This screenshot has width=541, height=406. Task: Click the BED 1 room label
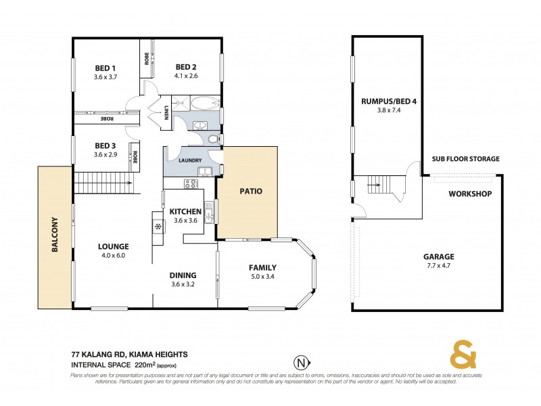click(x=105, y=68)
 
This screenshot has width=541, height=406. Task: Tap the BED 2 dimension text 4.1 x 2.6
click(x=186, y=76)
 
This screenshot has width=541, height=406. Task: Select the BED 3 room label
click(x=105, y=145)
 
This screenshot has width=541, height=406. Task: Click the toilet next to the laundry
click(x=214, y=139)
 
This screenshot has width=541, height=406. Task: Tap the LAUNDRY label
click(x=190, y=160)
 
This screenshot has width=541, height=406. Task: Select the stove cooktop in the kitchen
click(x=191, y=183)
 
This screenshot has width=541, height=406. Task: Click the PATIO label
click(x=251, y=191)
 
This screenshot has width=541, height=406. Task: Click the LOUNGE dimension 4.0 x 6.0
click(x=113, y=256)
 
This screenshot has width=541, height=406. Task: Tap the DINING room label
click(x=183, y=275)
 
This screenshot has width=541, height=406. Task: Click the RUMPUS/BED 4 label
click(x=388, y=102)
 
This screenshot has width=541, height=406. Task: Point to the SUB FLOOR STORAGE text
click(x=465, y=159)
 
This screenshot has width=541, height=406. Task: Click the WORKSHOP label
click(x=469, y=194)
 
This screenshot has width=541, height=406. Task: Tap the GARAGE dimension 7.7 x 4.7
click(x=439, y=267)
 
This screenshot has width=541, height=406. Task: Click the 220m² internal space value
click(x=145, y=364)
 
